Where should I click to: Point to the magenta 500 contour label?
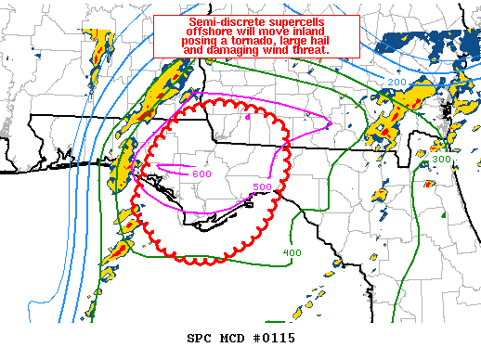pos(262,186)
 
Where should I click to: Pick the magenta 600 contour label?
pos(201,174)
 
